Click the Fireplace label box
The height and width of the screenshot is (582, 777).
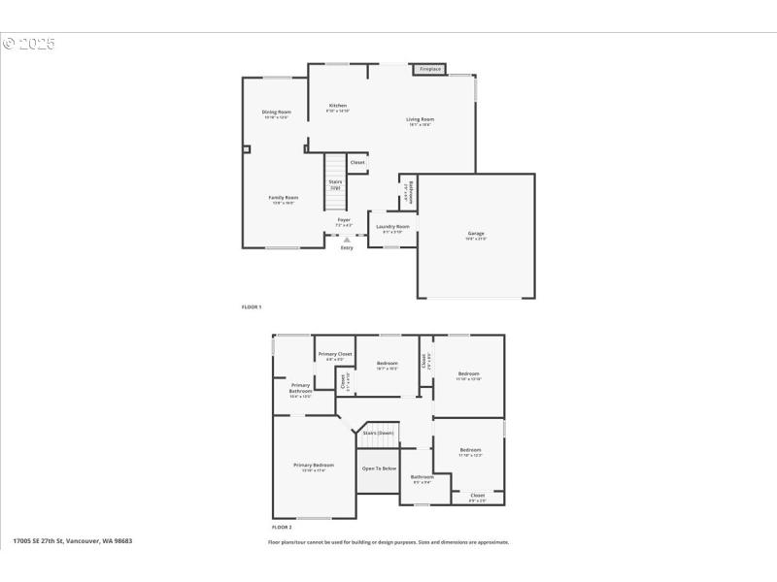click(x=430, y=69)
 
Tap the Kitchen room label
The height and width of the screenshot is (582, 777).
click(x=338, y=106)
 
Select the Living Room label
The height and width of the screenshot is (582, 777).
click(x=420, y=119)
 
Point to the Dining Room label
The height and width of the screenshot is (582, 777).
click(x=276, y=113)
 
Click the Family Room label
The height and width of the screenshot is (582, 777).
click(x=283, y=198)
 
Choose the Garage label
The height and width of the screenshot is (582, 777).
click(x=476, y=234)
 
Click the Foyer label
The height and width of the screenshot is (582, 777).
click(x=344, y=220)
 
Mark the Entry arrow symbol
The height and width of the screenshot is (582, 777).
click(x=347, y=240)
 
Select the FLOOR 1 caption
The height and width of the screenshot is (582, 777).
click(x=252, y=307)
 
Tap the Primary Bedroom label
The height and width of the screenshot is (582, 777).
click(x=314, y=466)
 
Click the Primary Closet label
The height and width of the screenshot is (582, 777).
click(x=335, y=355)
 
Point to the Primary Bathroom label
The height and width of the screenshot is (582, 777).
click(x=301, y=388)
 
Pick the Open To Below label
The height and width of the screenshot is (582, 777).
click(x=379, y=469)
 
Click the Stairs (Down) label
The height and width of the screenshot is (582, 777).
click(x=379, y=433)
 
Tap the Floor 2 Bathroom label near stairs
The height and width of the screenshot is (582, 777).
click(x=422, y=477)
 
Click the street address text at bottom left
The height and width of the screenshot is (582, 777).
click(x=73, y=541)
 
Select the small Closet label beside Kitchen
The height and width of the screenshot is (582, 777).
click(x=357, y=163)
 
